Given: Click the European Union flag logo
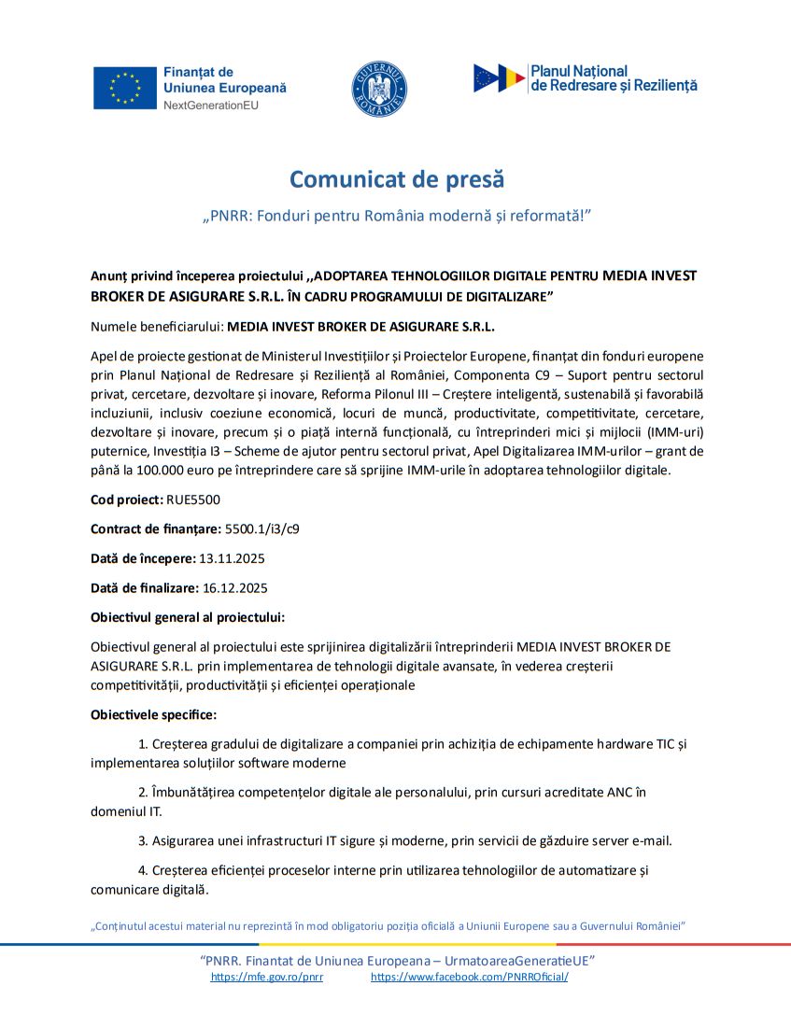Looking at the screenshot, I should [124, 88].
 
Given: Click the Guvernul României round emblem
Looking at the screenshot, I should [379, 88].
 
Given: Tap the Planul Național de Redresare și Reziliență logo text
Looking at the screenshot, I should [614, 78].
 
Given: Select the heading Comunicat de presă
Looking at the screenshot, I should [396, 178].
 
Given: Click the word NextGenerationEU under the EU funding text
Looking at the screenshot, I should [210, 106].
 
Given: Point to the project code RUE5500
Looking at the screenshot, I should [194, 500].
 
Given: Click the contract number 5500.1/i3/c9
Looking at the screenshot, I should [262, 528].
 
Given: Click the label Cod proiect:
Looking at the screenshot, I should [127, 500].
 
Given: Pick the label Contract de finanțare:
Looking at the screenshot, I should [156, 528].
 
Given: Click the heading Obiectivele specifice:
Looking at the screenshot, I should [153, 715].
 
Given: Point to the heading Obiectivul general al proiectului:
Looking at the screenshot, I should [188, 617].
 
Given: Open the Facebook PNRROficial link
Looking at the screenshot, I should [469, 977].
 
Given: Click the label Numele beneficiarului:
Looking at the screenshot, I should [157, 327].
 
